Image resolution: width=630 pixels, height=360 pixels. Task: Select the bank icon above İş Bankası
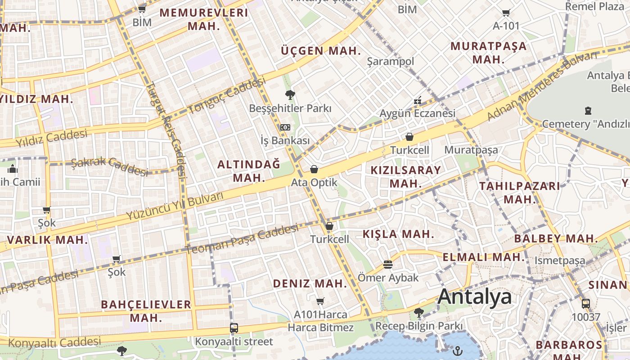(x=285, y=127)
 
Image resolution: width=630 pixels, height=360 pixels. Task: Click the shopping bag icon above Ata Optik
(x=314, y=169)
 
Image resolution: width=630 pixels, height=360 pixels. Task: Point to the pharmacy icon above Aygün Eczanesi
(x=418, y=100)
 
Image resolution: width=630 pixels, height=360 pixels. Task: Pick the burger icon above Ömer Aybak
(x=388, y=264)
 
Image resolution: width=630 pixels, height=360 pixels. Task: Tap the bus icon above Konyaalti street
(x=234, y=328)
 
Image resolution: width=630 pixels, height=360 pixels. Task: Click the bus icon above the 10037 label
(x=585, y=304)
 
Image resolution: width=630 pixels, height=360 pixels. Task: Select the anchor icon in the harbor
(x=458, y=350)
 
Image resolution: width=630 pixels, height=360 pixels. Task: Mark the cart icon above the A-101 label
(x=506, y=13)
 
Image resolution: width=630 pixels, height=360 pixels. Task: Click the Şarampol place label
(x=391, y=61)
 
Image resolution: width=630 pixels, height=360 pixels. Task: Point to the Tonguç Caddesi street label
(x=226, y=95)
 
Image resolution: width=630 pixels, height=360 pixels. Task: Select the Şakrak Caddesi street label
(x=109, y=166)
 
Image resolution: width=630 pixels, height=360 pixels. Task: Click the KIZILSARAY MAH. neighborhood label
(x=406, y=176)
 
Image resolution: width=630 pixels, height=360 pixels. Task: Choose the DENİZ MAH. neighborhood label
(x=310, y=283)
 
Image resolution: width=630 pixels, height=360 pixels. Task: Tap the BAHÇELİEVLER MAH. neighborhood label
(x=146, y=310)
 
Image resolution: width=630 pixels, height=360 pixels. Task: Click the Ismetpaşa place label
(x=560, y=260)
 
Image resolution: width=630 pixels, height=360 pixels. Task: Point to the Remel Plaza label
(x=594, y=6)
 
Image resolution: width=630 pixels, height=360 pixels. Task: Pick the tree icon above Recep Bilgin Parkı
(x=418, y=312)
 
